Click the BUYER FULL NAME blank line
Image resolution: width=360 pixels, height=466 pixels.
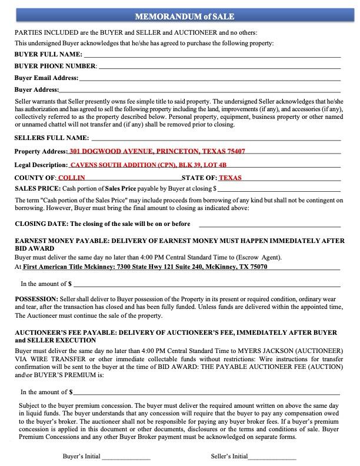pos(212,55)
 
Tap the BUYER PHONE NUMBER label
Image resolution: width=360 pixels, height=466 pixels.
pos(55,66)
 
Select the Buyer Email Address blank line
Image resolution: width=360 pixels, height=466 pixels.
pos(209,78)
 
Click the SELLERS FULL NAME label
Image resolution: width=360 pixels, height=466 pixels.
pos(51,138)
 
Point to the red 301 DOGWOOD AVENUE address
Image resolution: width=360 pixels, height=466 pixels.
pos(157,151)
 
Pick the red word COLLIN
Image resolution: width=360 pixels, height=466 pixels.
pos(72,178)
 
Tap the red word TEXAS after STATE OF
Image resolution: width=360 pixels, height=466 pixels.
pos(230,178)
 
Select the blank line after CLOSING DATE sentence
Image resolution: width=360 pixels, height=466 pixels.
pos(269,225)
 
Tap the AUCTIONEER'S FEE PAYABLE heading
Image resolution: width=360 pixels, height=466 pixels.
pos(179,336)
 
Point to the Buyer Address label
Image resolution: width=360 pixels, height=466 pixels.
pos(36,90)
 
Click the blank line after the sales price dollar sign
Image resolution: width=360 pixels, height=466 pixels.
pos(279,190)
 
